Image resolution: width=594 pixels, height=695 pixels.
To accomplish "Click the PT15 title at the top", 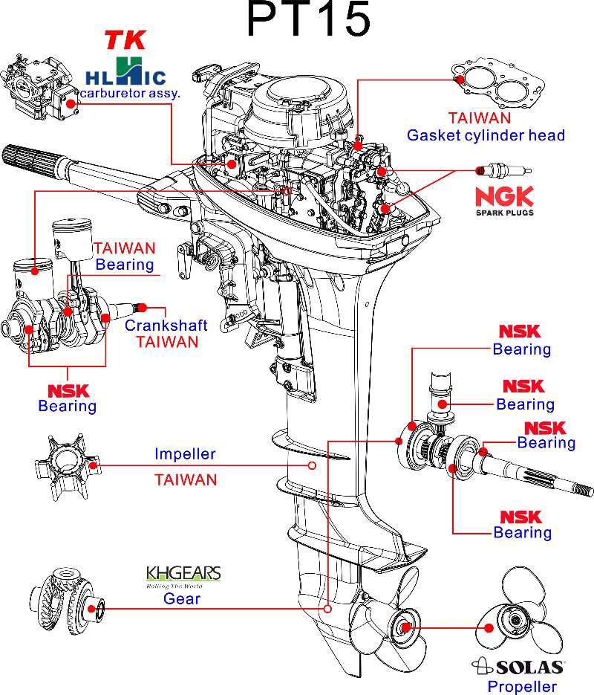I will click(308, 21).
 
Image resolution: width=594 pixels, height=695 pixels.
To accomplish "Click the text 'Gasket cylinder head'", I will click(486, 135).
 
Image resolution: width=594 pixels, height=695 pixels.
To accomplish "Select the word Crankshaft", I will click(166, 326).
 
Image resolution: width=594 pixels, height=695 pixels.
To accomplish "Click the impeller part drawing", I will click(65, 467).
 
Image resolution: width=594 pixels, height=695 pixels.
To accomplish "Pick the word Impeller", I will click(185, 453).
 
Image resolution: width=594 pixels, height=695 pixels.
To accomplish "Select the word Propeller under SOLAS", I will click(521, 686).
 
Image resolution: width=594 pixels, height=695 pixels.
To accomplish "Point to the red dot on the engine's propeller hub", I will click(405, 627).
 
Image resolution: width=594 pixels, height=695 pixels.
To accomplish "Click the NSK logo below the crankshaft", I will click(68, 390).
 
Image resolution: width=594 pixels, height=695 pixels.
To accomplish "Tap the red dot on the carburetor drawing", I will click(71, 104).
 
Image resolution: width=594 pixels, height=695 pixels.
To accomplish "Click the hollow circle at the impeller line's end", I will click(312, 466).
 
